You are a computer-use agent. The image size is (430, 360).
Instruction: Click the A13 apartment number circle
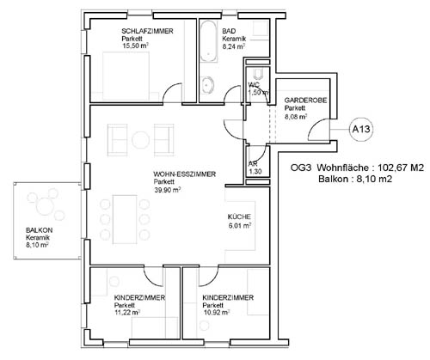click(x=361, y=129)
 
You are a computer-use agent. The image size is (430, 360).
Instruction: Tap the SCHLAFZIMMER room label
click(x=147, y=31)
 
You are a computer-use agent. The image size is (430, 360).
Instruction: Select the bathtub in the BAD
click(x=208, y=41)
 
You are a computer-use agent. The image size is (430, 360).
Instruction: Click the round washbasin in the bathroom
click(x=207, y=84)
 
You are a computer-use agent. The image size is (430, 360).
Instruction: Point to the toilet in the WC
click(x=259, y=74)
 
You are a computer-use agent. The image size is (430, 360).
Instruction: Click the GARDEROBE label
click(x=305, y=101)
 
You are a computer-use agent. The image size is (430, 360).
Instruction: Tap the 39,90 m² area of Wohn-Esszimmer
click(x=168, y=190)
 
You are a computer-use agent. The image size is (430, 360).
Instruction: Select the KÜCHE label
click(x=239, y=217)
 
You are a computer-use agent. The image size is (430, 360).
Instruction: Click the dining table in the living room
click(x=125, y=219)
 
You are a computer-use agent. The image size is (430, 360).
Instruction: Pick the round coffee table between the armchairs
click(x=140, y=140)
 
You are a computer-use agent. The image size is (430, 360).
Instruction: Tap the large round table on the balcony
click(x=45, y=206)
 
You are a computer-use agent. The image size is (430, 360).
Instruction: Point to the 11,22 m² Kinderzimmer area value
click(x=127, y=313)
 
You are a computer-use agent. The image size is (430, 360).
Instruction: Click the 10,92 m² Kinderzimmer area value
click(x=216, y=313)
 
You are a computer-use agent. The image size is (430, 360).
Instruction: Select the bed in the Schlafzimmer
click(x=126, y=76)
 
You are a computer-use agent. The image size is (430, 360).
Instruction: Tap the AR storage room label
click(x=253, y=164)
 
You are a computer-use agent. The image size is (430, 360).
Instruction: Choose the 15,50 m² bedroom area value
click(x=135, y=46)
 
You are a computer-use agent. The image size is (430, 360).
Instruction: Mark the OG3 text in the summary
click(x=301, y=168)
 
